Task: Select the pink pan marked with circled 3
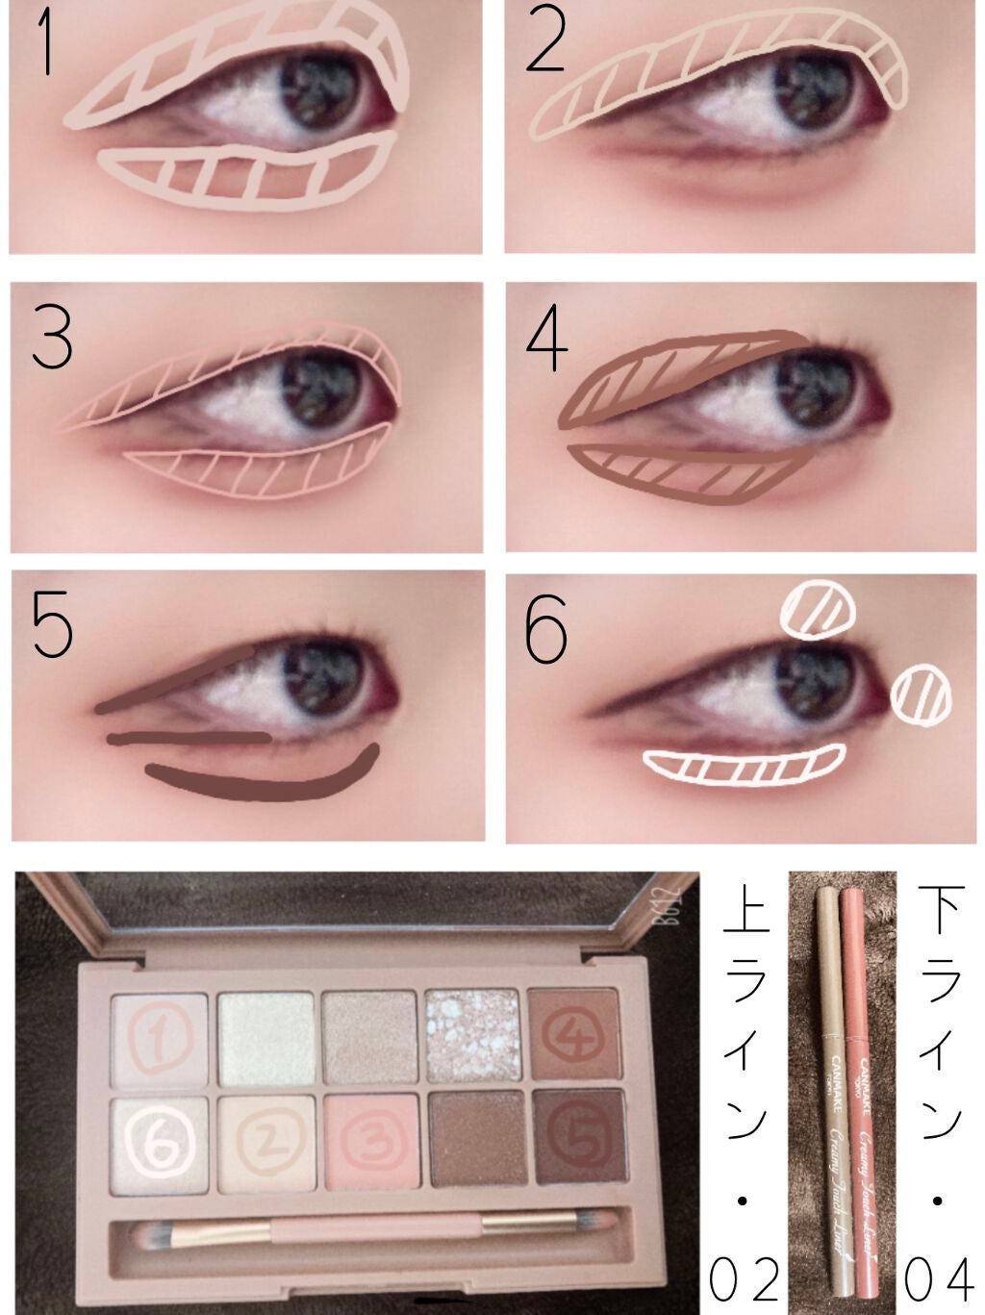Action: [x=368, y=1142]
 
